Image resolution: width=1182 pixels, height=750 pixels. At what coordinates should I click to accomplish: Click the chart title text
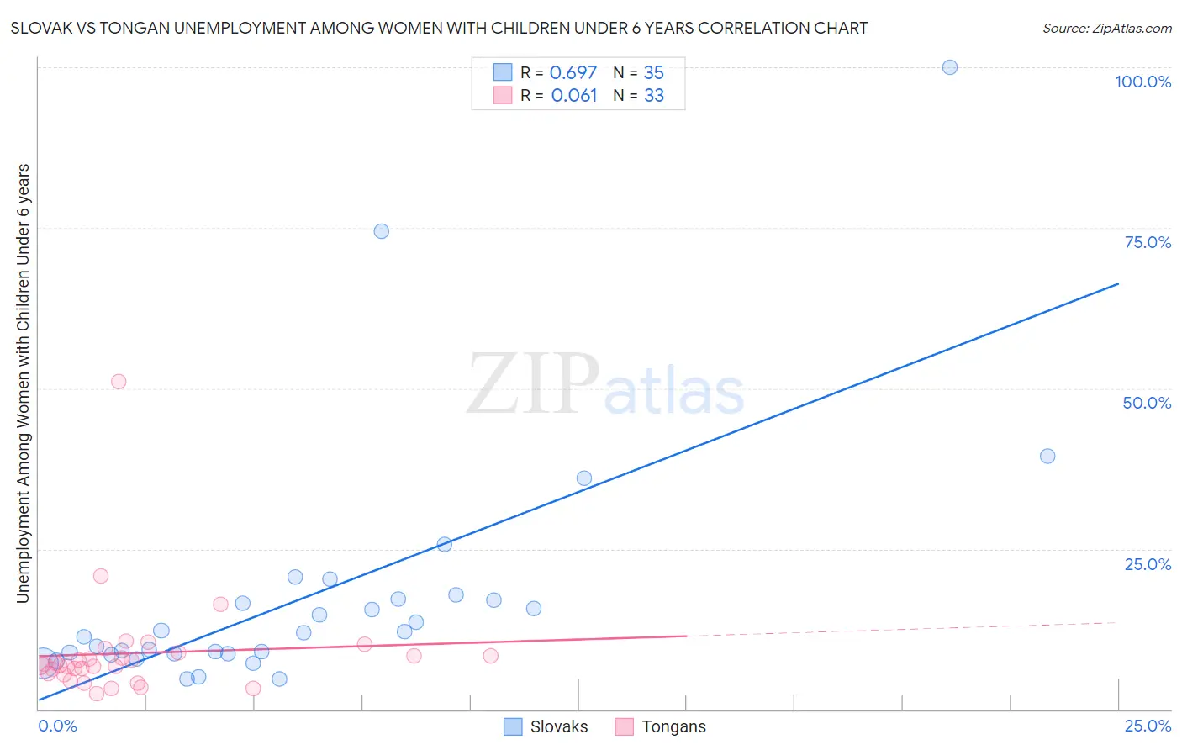439,28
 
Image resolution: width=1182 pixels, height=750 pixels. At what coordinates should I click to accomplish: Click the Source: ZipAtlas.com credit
1106,28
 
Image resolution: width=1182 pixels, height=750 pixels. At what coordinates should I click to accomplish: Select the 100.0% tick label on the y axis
1142,82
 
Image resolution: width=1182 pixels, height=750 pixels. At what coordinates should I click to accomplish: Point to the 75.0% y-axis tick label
1148,242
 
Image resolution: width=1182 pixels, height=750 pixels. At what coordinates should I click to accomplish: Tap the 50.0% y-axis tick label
1147,403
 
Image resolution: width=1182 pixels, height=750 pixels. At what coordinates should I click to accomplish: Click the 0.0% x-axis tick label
57,726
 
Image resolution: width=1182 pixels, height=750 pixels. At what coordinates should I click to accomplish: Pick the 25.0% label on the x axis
1148,726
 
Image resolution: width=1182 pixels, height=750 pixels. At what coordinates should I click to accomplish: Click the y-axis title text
23,383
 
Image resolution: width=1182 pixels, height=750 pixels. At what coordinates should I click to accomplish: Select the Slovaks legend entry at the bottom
546,726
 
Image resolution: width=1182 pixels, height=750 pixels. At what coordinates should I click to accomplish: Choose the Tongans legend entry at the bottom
661,726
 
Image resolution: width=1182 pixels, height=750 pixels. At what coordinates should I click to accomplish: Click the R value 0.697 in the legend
573,72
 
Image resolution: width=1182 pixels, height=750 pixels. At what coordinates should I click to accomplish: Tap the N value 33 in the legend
654,95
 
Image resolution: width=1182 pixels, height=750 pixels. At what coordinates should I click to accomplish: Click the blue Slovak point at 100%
950,67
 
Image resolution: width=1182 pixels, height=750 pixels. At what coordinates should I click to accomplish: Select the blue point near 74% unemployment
382,231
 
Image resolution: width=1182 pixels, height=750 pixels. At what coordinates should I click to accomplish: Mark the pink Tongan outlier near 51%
119,382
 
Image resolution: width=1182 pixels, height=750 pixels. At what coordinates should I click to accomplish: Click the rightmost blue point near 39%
1047,457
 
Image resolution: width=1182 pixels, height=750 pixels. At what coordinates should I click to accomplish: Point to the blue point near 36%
584,478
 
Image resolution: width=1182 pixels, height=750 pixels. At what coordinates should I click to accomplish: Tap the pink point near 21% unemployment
101,576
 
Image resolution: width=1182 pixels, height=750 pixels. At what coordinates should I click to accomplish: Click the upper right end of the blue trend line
1117,284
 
